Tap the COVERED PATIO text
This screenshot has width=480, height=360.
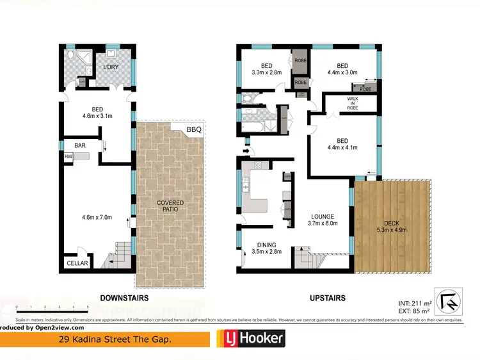click(x=170, y=206)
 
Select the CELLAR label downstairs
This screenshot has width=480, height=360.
click(x=77, y=263)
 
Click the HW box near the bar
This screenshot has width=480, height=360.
click(x=67, y=156)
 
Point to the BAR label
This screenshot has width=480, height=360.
click(x=80, y=145)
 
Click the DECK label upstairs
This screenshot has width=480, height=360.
click(x=391, y=226)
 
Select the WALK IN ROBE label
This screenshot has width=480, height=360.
click(x=352, y=103)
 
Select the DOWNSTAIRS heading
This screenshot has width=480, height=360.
click(x=124, y=298)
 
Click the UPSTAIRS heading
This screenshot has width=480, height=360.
click(x=327, y=298)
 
